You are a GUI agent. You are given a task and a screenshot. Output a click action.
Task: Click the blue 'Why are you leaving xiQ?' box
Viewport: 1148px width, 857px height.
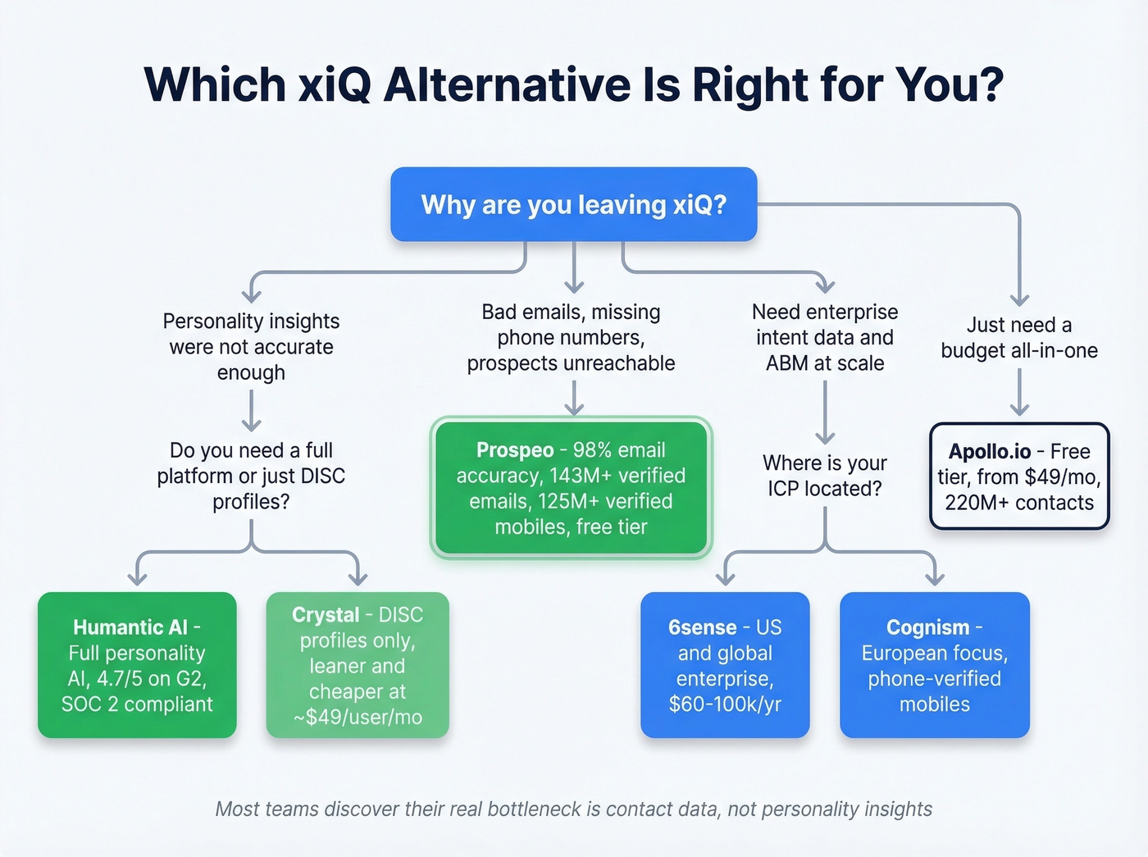pos(573,204)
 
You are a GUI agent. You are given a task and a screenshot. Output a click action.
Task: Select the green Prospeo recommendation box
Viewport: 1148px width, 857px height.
pos(572,488)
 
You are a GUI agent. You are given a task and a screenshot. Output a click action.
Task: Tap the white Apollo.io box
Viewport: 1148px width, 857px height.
pos(1019,476)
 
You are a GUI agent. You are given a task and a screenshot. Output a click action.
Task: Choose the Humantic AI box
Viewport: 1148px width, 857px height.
pos(137,665)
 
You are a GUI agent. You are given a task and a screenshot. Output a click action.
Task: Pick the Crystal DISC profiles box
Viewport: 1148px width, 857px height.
pos(358,665)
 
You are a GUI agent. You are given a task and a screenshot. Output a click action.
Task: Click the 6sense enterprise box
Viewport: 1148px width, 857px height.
pos(725,665)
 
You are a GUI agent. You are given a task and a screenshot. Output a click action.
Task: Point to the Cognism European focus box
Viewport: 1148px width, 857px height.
pos(934,665)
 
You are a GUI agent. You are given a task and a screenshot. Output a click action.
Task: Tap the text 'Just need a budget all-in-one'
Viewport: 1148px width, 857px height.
pos(1019,338)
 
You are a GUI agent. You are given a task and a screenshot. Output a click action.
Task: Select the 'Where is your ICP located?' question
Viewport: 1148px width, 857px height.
pos(825,476)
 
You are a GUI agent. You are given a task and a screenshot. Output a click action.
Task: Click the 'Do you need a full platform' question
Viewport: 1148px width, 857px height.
pos(251,476)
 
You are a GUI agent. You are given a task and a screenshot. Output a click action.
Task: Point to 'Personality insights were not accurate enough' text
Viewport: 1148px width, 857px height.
pos(251,347)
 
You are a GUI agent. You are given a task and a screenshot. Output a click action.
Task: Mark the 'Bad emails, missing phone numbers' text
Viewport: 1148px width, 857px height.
pos(572,337)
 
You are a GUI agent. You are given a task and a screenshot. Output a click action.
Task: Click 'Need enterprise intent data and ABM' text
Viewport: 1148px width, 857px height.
pos(825,337)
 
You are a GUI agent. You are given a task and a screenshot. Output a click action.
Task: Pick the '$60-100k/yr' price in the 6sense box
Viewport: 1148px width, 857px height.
pos(725,704)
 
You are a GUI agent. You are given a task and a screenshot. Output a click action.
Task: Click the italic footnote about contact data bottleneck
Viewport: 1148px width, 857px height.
pos(573,809)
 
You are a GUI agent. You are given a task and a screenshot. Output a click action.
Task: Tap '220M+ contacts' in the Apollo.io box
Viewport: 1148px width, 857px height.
pos(1019,503)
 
